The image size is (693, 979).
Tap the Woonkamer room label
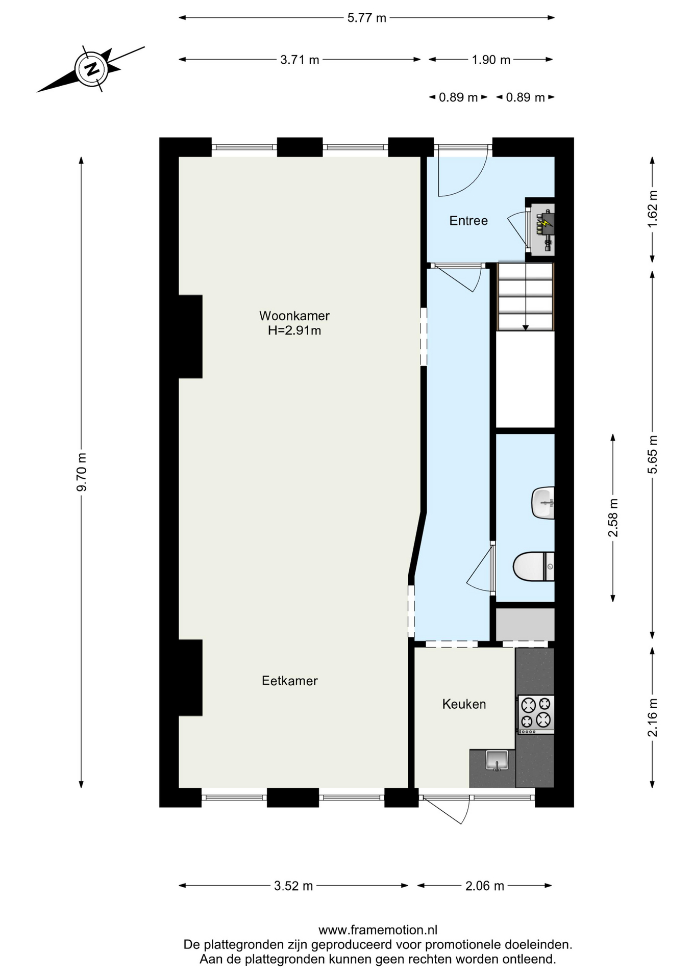point(294,316)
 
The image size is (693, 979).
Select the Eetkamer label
point(289,681)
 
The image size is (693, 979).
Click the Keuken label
point(463,704)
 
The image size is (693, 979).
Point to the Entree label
point(468,221)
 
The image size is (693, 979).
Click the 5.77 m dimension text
point(366,18)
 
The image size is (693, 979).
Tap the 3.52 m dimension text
point(293,886)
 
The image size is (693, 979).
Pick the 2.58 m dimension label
point(613,518)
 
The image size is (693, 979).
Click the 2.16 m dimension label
point(652,717)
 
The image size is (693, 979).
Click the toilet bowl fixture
point(532,566)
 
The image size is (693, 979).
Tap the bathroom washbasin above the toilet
point(543,503)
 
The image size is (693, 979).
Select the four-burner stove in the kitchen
point(536,713)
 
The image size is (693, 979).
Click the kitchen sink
point(497,761)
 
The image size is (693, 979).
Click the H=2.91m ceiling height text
point(294,330)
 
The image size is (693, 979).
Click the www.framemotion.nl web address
point(378,930)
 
